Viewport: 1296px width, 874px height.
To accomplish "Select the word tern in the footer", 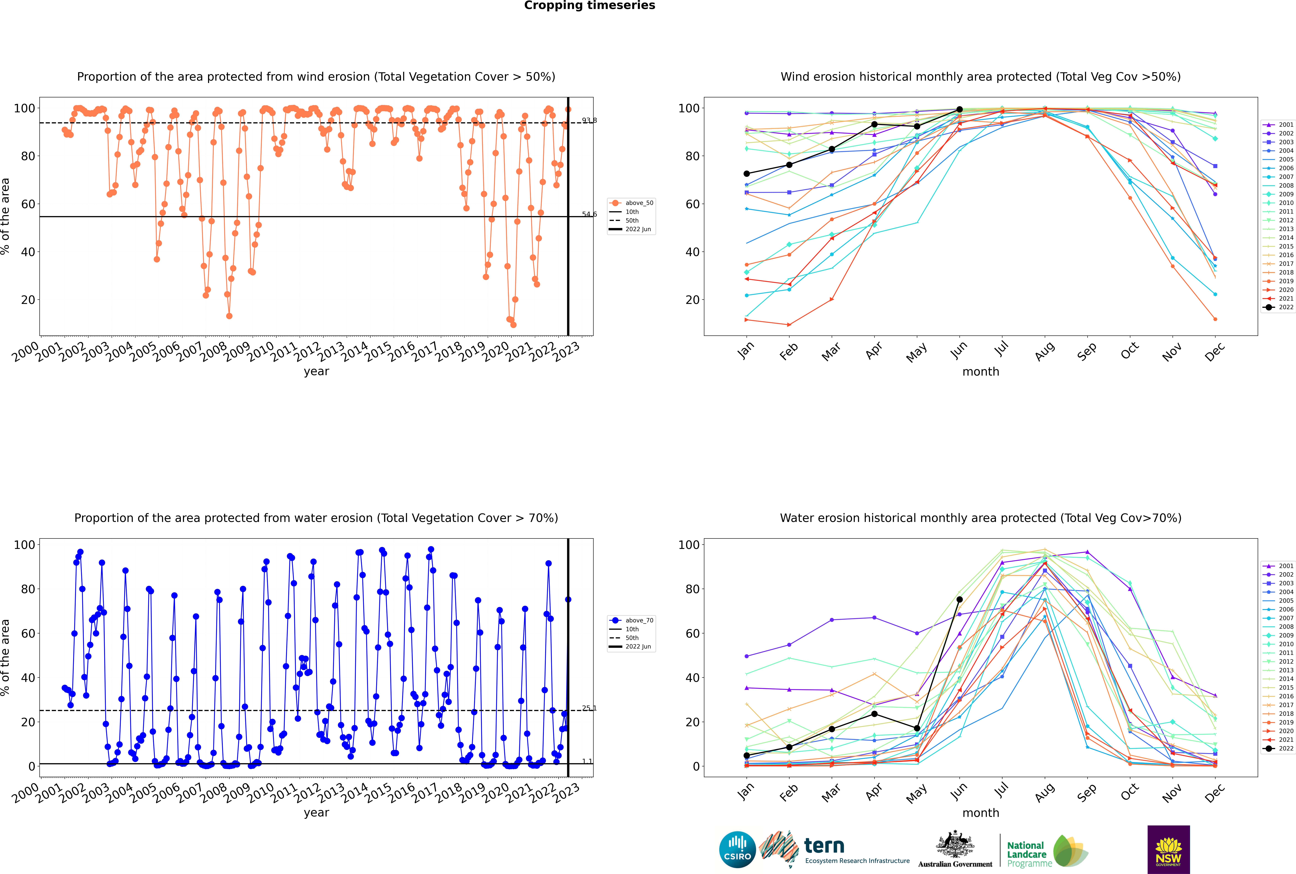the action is (824, 846).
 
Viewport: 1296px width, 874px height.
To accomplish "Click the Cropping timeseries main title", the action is (589, 6).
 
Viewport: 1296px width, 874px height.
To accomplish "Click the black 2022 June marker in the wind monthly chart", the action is (959, 110).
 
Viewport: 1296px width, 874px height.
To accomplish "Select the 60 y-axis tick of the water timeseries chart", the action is (28, 633).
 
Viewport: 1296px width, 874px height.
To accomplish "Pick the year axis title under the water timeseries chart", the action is (316, 813).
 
